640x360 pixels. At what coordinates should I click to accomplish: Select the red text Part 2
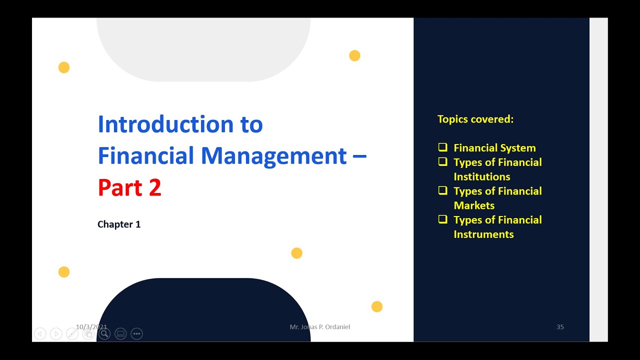click(129, 188)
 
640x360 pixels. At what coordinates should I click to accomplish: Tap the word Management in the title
click(274, 156)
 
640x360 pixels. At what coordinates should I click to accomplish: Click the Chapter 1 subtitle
click(119, 224)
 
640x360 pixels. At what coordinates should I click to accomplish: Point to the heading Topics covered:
click(475, 119)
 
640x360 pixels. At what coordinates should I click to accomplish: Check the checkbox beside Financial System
click(442, 147)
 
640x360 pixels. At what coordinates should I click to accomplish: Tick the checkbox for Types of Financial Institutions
click(442, 162)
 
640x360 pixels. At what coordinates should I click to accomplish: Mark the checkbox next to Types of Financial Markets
click(442, 190)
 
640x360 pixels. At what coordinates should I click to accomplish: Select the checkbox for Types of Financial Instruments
click(442, 219)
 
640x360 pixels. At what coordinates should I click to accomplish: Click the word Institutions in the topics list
click(482, 177)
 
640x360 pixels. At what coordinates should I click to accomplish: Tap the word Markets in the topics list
click(474, 205)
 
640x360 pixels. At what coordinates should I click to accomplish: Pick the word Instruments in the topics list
click(483, 234)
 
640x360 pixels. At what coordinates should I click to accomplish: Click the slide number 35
click(560, 327)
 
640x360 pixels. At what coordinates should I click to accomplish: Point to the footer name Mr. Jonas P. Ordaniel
click(320, 327)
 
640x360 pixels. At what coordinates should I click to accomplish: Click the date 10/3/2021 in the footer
click(91, 327)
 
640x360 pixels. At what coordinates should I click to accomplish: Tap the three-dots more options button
click(136, 334)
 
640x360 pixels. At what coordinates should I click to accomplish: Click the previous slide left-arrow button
click(40, 334)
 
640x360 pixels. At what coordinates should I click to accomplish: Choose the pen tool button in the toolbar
click(72, 334)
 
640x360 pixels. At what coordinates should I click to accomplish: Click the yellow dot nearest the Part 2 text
click(296, 253)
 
